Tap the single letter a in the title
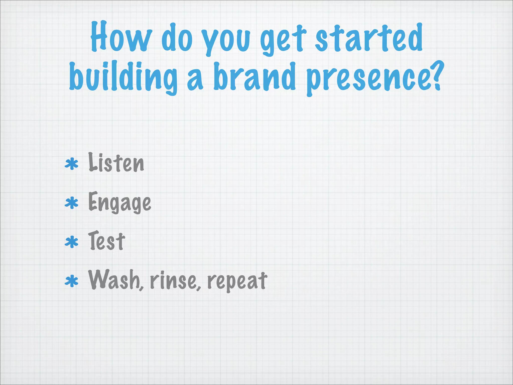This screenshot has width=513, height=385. click(x=195, y=80)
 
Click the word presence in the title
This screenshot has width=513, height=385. click(x=367, y=79)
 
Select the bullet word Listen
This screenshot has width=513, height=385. click(x=116, y=163)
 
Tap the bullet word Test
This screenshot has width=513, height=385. click(x=107, y=241)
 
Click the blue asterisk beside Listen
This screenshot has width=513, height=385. click(x=72, y=164)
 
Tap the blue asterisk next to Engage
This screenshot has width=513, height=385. click(x=72, y=203)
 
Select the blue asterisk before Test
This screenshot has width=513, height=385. click(x=72, y=242)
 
